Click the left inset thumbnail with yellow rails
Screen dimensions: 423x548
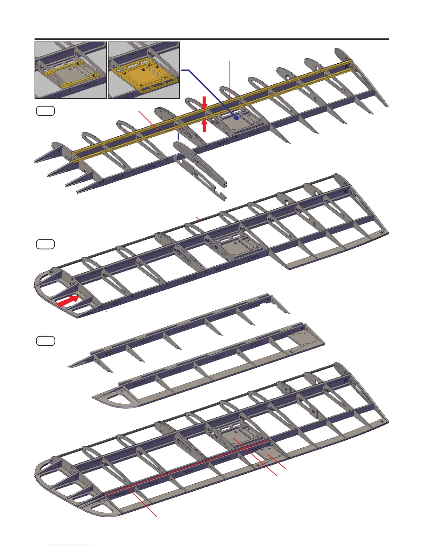[x=70, y=70]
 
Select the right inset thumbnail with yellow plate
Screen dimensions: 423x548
[x=144, y=70]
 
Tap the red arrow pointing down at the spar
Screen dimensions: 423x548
[x=204, y=103]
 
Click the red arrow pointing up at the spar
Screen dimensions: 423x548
[x=204, y=125]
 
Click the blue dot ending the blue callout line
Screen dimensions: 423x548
[x=237, y=118]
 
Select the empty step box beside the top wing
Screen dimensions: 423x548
[x=45, y=111]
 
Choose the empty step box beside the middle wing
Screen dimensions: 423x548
[x=45, y=244]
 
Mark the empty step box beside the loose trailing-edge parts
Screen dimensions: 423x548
[x=45, y=341]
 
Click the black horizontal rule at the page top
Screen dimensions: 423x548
[x=211, y=39]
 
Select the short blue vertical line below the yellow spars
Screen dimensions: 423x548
[x=178, y=136]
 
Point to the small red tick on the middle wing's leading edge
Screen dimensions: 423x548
[x=198, y=219]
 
